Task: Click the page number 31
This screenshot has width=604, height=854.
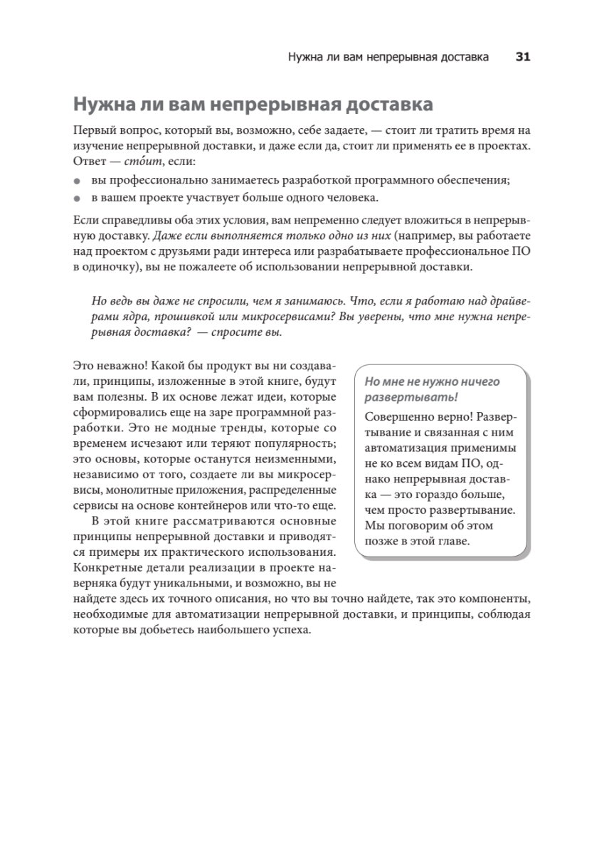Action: (523, 58)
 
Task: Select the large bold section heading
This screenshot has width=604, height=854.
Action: (253, 106)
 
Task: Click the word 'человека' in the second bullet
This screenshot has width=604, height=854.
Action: (356, 197)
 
